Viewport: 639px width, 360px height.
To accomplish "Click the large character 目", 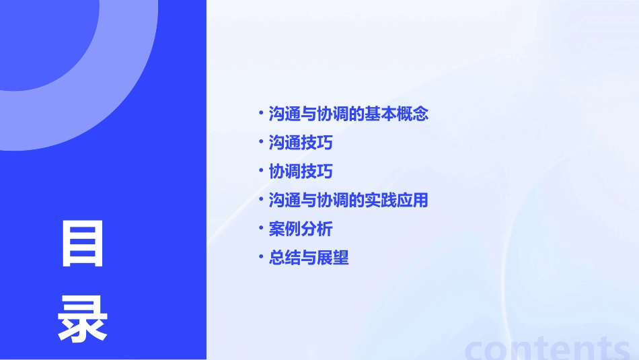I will pyautogui.click(x=83, y=243).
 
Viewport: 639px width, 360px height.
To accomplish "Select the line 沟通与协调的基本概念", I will pyautogui.click(x=348, y=114).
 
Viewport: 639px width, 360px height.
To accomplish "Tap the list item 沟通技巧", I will pyautogui.click(x=301, y=143).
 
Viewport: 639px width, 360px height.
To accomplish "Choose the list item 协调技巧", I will pyautogui.click(x=301, y=172).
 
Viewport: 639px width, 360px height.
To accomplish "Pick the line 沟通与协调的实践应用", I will pyautogui.click(x=348, y=200).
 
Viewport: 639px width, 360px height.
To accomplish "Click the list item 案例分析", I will pyautogui.click(x=301, y=229).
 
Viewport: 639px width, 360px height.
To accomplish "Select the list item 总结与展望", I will pyautogui.click(x=309, y=258).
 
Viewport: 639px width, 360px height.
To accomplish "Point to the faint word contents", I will pyautogui.click(x=548, y=347).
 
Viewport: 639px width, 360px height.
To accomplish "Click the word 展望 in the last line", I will pyautogui.click(x=333, y=258).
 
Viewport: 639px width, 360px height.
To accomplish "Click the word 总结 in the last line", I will pyautogui.click(x=285, y=258).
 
